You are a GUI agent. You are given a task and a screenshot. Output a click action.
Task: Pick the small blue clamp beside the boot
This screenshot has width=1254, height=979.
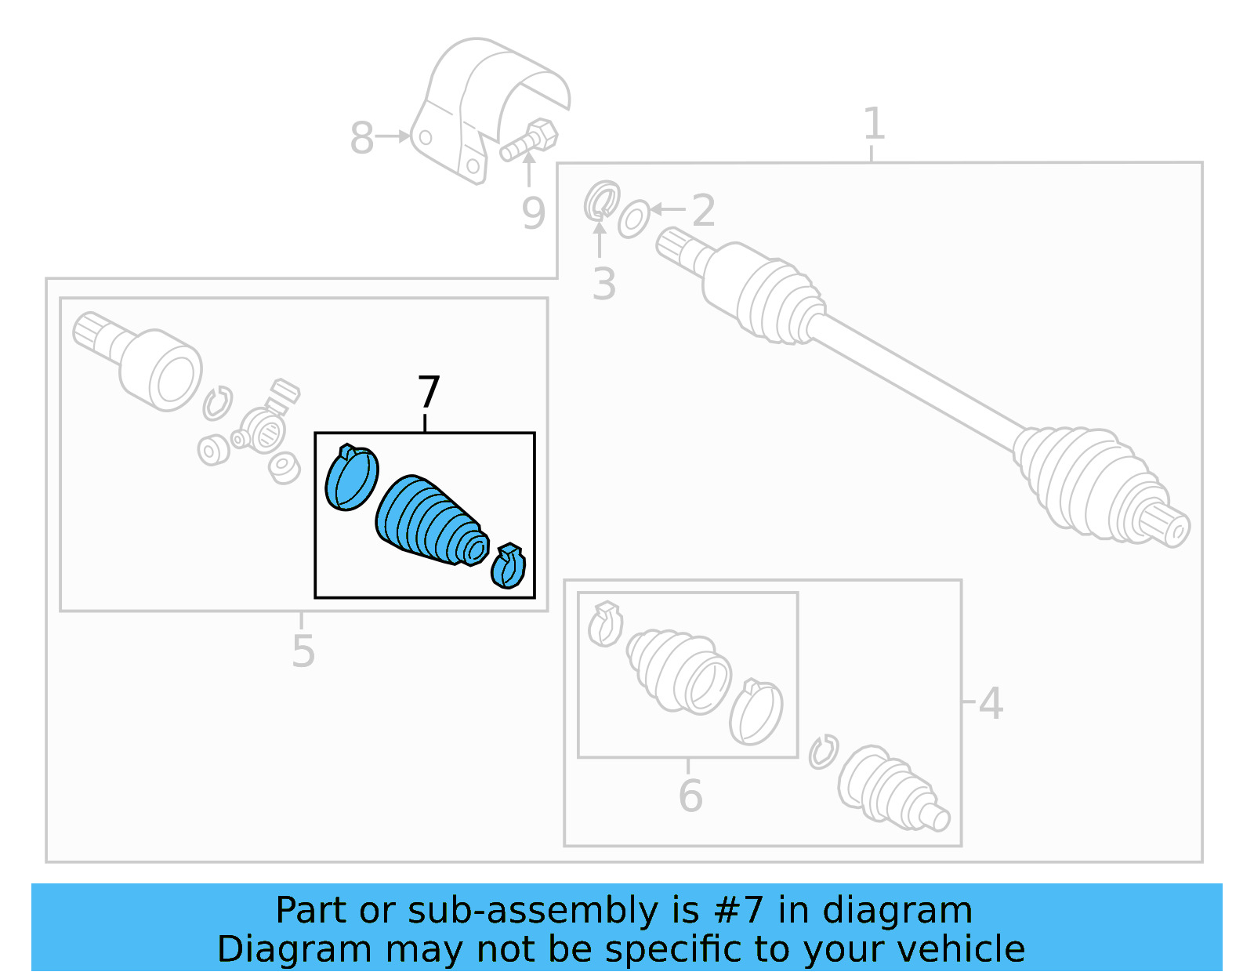click(x=509, y=567)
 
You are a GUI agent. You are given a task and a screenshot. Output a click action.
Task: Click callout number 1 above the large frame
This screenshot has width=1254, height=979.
click(x=873, y=125)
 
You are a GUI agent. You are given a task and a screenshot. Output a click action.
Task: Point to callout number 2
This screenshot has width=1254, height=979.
click(x=703, y=211)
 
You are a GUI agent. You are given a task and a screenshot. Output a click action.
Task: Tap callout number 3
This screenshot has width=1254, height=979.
click(x=603, y=284)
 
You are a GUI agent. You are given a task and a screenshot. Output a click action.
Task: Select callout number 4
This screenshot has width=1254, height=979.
click(x=991, y=703)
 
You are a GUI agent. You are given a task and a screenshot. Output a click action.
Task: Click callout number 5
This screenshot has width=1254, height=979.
click(x=303, y=651)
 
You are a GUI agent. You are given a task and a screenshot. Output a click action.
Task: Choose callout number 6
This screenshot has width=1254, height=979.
click(x=690, y=796)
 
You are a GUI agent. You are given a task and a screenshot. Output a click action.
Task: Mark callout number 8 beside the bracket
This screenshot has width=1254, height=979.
click(x=361, y=139)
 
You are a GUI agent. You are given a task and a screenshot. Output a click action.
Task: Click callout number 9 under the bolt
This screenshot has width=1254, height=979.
click(x=533, y=213)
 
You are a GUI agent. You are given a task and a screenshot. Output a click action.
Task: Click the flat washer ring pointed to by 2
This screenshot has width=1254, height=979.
click(x=633, y=219)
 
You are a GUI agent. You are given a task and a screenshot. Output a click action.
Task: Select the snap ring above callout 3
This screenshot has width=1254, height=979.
click(x=601, y=200)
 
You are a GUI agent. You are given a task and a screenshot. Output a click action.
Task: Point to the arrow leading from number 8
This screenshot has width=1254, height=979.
click(x=393, y=136)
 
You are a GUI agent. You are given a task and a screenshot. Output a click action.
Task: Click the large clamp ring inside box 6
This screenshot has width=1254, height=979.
click(x=756, y=712)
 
